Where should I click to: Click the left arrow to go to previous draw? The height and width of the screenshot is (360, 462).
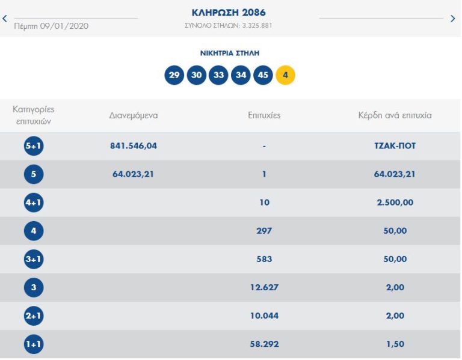5,18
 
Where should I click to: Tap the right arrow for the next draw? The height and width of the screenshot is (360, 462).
453,18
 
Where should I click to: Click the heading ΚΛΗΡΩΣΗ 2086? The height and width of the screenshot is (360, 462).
228,13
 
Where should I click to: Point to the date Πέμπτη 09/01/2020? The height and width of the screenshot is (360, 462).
51,26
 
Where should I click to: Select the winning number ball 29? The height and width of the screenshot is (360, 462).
174,75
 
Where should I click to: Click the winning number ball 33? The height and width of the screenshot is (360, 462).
218,75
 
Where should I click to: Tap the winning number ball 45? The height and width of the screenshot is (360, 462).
263,75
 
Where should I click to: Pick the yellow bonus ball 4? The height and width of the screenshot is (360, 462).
285,75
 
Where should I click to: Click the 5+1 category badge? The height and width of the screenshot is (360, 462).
34,146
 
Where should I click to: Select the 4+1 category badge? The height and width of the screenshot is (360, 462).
34,203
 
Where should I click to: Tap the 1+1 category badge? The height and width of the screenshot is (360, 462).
34,344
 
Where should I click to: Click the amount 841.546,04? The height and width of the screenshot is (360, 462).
134,146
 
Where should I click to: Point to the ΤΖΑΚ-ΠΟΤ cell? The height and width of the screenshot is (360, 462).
395,146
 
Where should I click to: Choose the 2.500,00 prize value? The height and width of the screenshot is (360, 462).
395,203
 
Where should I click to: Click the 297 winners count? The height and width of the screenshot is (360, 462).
264,231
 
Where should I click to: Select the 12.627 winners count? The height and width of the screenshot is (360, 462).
264,287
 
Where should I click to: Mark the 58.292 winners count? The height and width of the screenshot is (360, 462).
264,344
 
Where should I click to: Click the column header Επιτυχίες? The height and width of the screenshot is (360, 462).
264,115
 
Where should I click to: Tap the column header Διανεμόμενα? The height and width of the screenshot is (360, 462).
134,115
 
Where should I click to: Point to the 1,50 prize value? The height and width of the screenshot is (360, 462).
395,344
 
